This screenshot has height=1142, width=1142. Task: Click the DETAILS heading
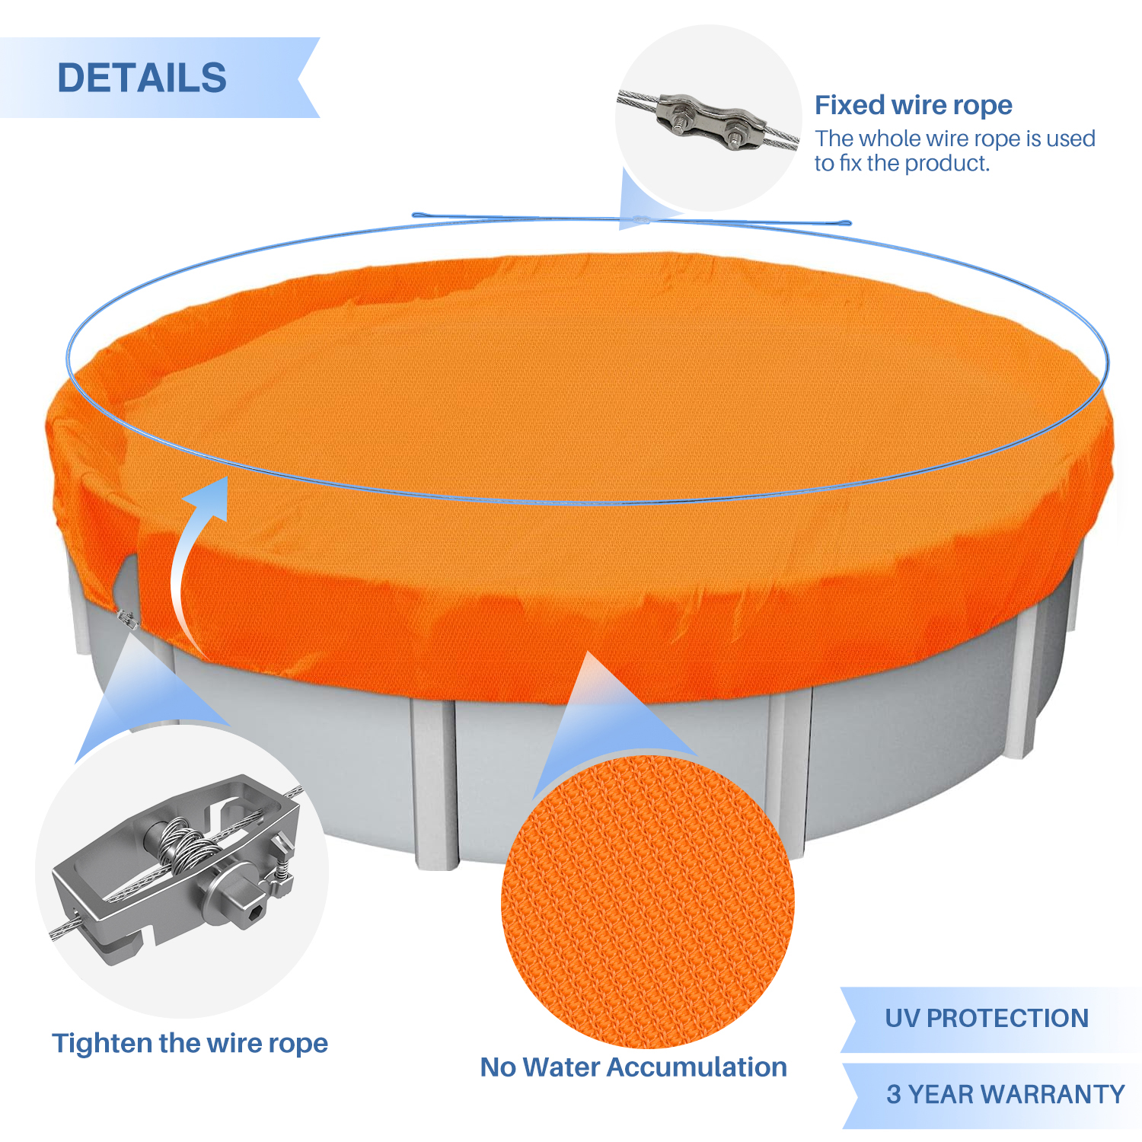coord(142,78)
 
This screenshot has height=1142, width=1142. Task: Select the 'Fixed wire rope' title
coord(914,105)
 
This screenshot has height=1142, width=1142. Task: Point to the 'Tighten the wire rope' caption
coord(190,1043)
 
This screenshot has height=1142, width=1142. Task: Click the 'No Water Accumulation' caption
coord(633,1067)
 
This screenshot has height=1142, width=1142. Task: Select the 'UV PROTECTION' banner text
coord(987,1018)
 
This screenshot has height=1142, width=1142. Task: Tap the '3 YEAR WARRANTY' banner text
coord(1006,1094)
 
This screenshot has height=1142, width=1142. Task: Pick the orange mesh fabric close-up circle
coord(647,902)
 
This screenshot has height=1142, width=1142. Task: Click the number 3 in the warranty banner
coord(894,1095)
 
